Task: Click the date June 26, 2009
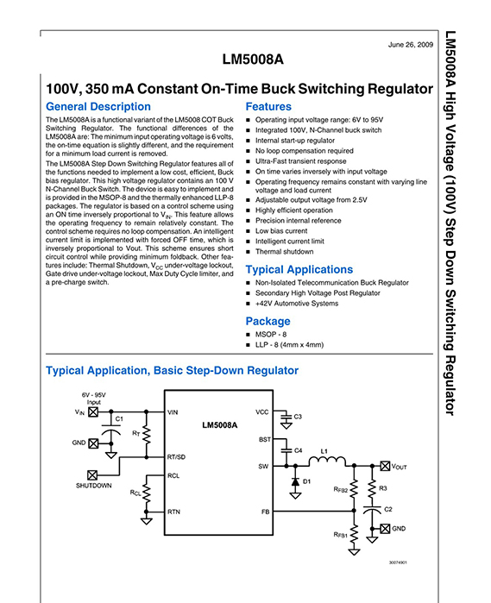point(411,45)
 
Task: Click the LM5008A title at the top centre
point(253,60)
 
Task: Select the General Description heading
point(98,106)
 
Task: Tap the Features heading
point(268,106)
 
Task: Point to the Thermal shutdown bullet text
point(285,252)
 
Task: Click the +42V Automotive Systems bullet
point(297,304)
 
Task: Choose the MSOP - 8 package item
point(271,335)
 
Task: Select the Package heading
point(268,321)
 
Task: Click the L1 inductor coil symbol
point(327,461)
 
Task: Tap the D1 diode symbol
point(295,481)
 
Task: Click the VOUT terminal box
point(385,466)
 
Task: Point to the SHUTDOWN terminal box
point(92,475)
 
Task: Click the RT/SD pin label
point(176,457)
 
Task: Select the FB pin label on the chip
point(266,512)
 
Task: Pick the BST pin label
point(265,440)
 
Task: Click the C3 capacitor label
point(298,417)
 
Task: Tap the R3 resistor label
point(383,488)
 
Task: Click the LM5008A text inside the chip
point(220,425)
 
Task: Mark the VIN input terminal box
point(93,411)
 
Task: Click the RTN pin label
point(173,512)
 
